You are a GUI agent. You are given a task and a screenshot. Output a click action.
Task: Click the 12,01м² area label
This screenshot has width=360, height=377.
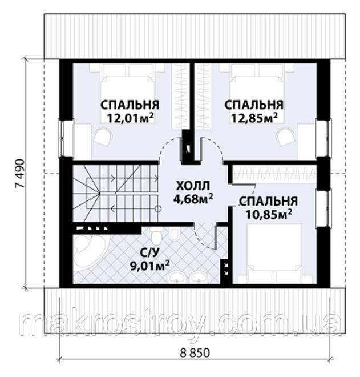pyautogui.click(x=131, y=118)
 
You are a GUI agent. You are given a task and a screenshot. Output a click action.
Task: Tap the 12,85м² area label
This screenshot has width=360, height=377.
pyautogui.click(x=254, y=118)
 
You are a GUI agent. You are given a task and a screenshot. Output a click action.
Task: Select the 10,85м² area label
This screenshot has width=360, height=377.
pyautogui.click(x=269, y=214)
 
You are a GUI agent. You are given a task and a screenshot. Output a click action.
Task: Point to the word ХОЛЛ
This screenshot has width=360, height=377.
pyautogui.click(x=193, y=186)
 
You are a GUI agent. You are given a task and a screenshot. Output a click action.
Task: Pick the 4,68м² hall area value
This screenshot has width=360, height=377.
pyautogui.click(x=193, y=199)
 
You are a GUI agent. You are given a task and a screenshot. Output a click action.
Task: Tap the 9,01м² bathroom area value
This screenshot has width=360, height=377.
pyautogui.click(x=150, y=266)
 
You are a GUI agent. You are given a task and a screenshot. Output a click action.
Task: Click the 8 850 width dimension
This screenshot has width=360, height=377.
pyautogui.click(x=195, y=353)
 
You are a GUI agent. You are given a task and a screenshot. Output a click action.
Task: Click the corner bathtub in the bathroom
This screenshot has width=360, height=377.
pyautogui.click(x=90, y=251)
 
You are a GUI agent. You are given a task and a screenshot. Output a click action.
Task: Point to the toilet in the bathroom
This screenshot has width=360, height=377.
pyautogui.click(x=157, y=235)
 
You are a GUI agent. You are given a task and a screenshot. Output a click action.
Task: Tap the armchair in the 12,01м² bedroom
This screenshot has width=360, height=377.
pyautogui.click(x=103, y=137)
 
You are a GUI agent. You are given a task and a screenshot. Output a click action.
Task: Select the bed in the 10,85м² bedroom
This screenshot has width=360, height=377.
pyautogui.click(x=274, y=253)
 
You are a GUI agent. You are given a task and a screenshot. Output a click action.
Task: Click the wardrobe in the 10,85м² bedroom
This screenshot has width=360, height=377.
pyautogui.click(x=274, y=174)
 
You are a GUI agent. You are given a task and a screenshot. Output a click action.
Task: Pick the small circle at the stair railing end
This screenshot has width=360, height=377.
pyautogui.click(x=157, y=208)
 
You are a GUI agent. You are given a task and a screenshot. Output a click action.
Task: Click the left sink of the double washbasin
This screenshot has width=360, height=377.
pyautogui.click(x=177, y=278)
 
